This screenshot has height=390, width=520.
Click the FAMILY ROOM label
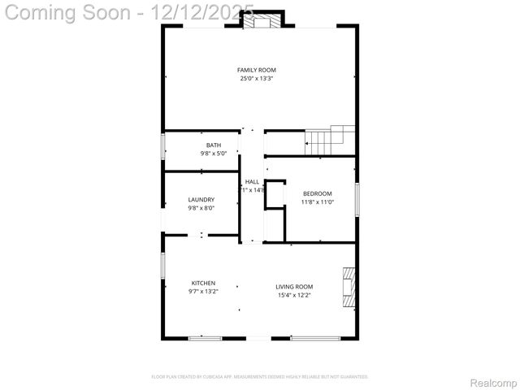(256, 70)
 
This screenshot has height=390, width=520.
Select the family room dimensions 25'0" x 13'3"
(256, 79)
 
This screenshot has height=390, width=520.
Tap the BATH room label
(213, 145)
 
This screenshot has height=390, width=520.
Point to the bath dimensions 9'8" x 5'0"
(213, 153)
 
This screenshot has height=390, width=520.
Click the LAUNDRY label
(201, 199)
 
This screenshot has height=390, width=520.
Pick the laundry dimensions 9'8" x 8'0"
(201, 207)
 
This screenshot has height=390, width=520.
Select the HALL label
(252, 181)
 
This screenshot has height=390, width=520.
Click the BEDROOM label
(317, 193)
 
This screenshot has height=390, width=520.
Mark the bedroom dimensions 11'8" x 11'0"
(317, 201)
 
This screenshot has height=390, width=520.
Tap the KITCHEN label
(203, 283)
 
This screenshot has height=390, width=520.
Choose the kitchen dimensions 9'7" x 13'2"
(203, 291)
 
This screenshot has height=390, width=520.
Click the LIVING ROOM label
(293, 286)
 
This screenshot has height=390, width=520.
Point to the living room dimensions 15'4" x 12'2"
(293, 295)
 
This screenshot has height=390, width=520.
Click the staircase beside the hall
(329, 141)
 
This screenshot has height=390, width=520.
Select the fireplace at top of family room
(262, 21)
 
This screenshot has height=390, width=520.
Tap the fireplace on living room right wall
(349, 288)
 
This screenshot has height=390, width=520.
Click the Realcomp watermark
(493, 382)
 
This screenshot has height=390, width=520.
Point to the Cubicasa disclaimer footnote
(260, 377)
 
